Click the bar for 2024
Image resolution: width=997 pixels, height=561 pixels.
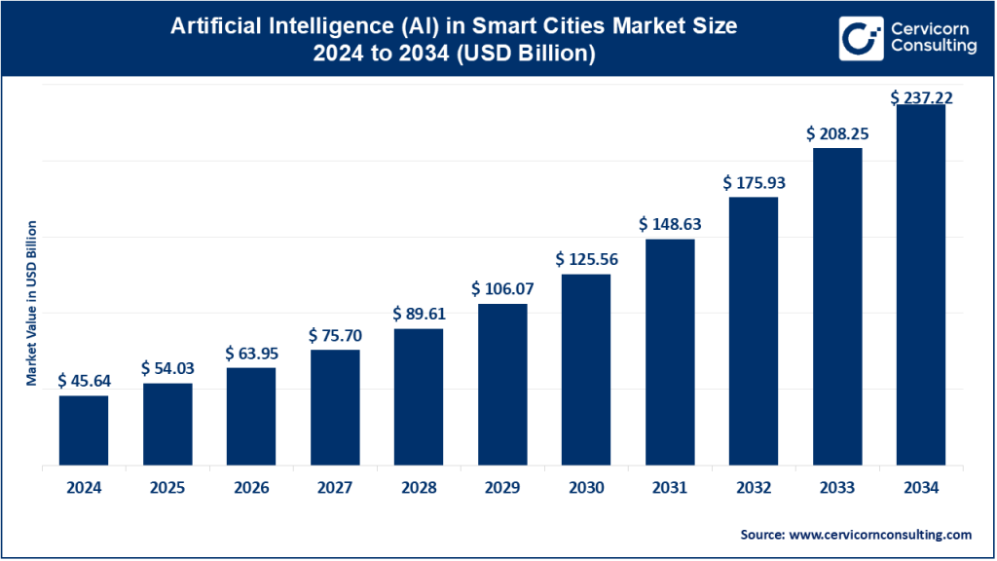click(84, 430)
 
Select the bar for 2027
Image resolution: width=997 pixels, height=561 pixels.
click(335, 407)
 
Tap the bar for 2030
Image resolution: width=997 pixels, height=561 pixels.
click(586, 369)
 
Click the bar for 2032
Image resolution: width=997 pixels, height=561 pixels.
click(754, 331)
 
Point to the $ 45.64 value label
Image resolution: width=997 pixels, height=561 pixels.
click(85, 381)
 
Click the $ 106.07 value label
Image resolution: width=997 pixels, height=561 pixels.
click(502, 289)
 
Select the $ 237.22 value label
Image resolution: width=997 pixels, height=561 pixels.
click(921, 98)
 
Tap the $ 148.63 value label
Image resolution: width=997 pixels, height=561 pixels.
click(670, 224)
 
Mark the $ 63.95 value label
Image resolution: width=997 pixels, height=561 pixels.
click(251, 353)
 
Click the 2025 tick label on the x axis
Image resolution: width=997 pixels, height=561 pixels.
click(167, 488)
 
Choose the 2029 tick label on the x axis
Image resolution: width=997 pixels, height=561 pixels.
click(502, 488)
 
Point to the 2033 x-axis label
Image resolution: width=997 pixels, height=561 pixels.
click(837, 488)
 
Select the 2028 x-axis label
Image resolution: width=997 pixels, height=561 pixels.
click(419, 488)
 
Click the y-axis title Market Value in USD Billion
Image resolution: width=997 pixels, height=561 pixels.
click(31, 303)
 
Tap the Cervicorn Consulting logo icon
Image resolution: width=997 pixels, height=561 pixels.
click(861, 38)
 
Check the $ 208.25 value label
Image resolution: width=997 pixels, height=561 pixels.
click(837, 133)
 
